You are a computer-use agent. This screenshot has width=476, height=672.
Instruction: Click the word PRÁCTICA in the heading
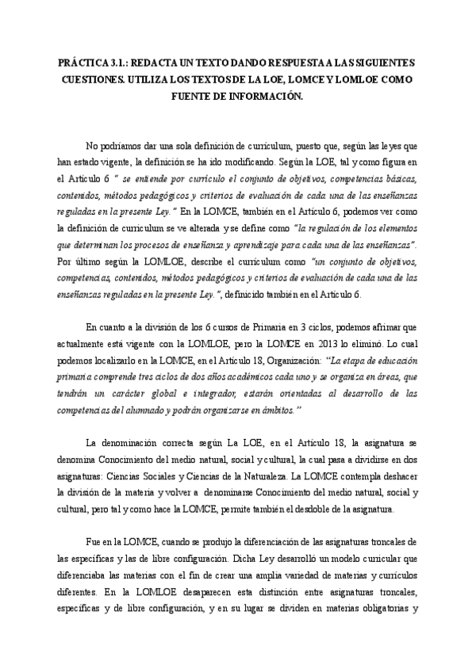[82, 63]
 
